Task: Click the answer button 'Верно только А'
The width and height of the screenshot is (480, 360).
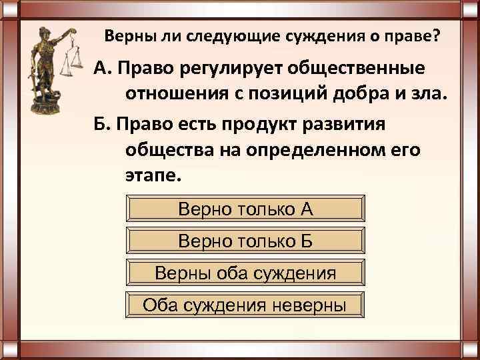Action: coord(245,209)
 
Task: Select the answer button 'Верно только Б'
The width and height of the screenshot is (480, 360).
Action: coord(245,241)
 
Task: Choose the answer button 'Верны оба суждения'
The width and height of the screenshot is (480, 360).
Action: coord(245,273)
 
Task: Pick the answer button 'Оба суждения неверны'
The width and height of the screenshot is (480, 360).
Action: coord(245,305)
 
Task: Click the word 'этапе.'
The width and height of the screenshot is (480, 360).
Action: coord(153,175)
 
